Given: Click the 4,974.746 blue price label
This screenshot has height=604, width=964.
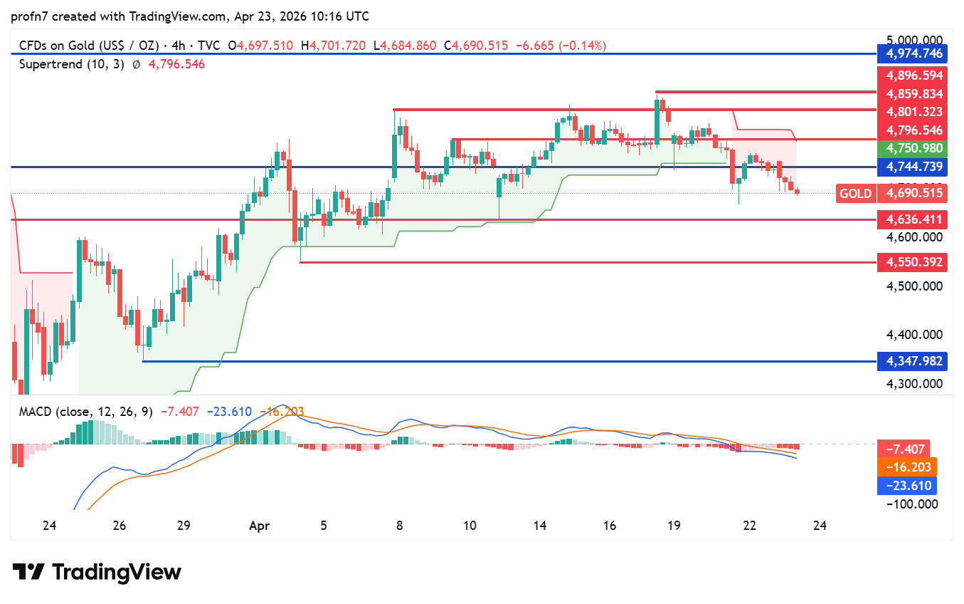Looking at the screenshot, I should pos(913,53).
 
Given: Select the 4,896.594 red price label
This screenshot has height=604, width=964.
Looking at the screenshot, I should pos(913,75).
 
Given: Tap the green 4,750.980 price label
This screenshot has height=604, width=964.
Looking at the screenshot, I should pos(913,148).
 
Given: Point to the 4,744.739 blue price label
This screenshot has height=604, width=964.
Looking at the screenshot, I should pos(913,167).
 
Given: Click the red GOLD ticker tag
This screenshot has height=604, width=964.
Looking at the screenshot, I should pos(855,193).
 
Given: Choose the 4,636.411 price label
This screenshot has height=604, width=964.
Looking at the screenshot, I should pos(913,219).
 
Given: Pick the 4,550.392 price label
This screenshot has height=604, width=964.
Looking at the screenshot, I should pos(913,262).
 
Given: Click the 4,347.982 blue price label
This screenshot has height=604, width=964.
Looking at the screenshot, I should pos(913,361).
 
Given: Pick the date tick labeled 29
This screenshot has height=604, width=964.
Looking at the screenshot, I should pos(183,526).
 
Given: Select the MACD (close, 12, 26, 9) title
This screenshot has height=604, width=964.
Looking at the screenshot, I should pos(85,412).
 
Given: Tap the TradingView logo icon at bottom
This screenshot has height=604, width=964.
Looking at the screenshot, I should pos(29,572).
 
